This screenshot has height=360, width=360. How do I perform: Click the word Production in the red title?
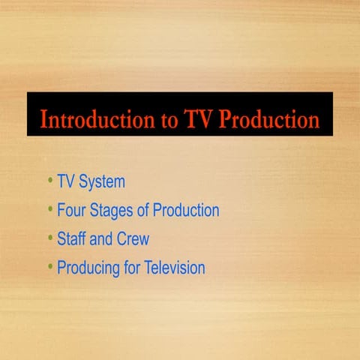(268, 120)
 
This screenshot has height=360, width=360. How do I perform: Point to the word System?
(101, 182)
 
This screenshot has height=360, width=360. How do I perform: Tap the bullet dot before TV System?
(49, 181)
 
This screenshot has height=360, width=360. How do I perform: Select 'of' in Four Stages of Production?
(143, 211)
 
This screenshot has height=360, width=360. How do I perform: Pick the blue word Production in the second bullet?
(186, 211)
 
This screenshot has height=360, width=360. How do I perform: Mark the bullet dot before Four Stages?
(49, 209)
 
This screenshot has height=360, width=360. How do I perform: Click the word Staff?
(71, 239)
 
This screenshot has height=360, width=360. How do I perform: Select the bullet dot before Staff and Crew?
(49, 238)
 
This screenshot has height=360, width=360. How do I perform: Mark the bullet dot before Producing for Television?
(49, 266)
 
